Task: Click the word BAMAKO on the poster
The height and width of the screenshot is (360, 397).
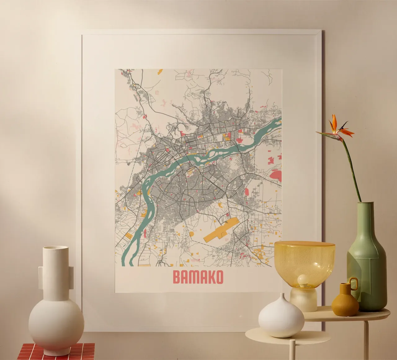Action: (198, 277)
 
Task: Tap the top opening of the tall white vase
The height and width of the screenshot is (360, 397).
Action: (56, 248)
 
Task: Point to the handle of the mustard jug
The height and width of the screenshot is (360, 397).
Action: (354, 283)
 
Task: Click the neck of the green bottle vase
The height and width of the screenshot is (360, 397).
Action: (366, 217)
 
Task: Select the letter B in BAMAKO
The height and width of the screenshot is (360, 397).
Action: (177, 277)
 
